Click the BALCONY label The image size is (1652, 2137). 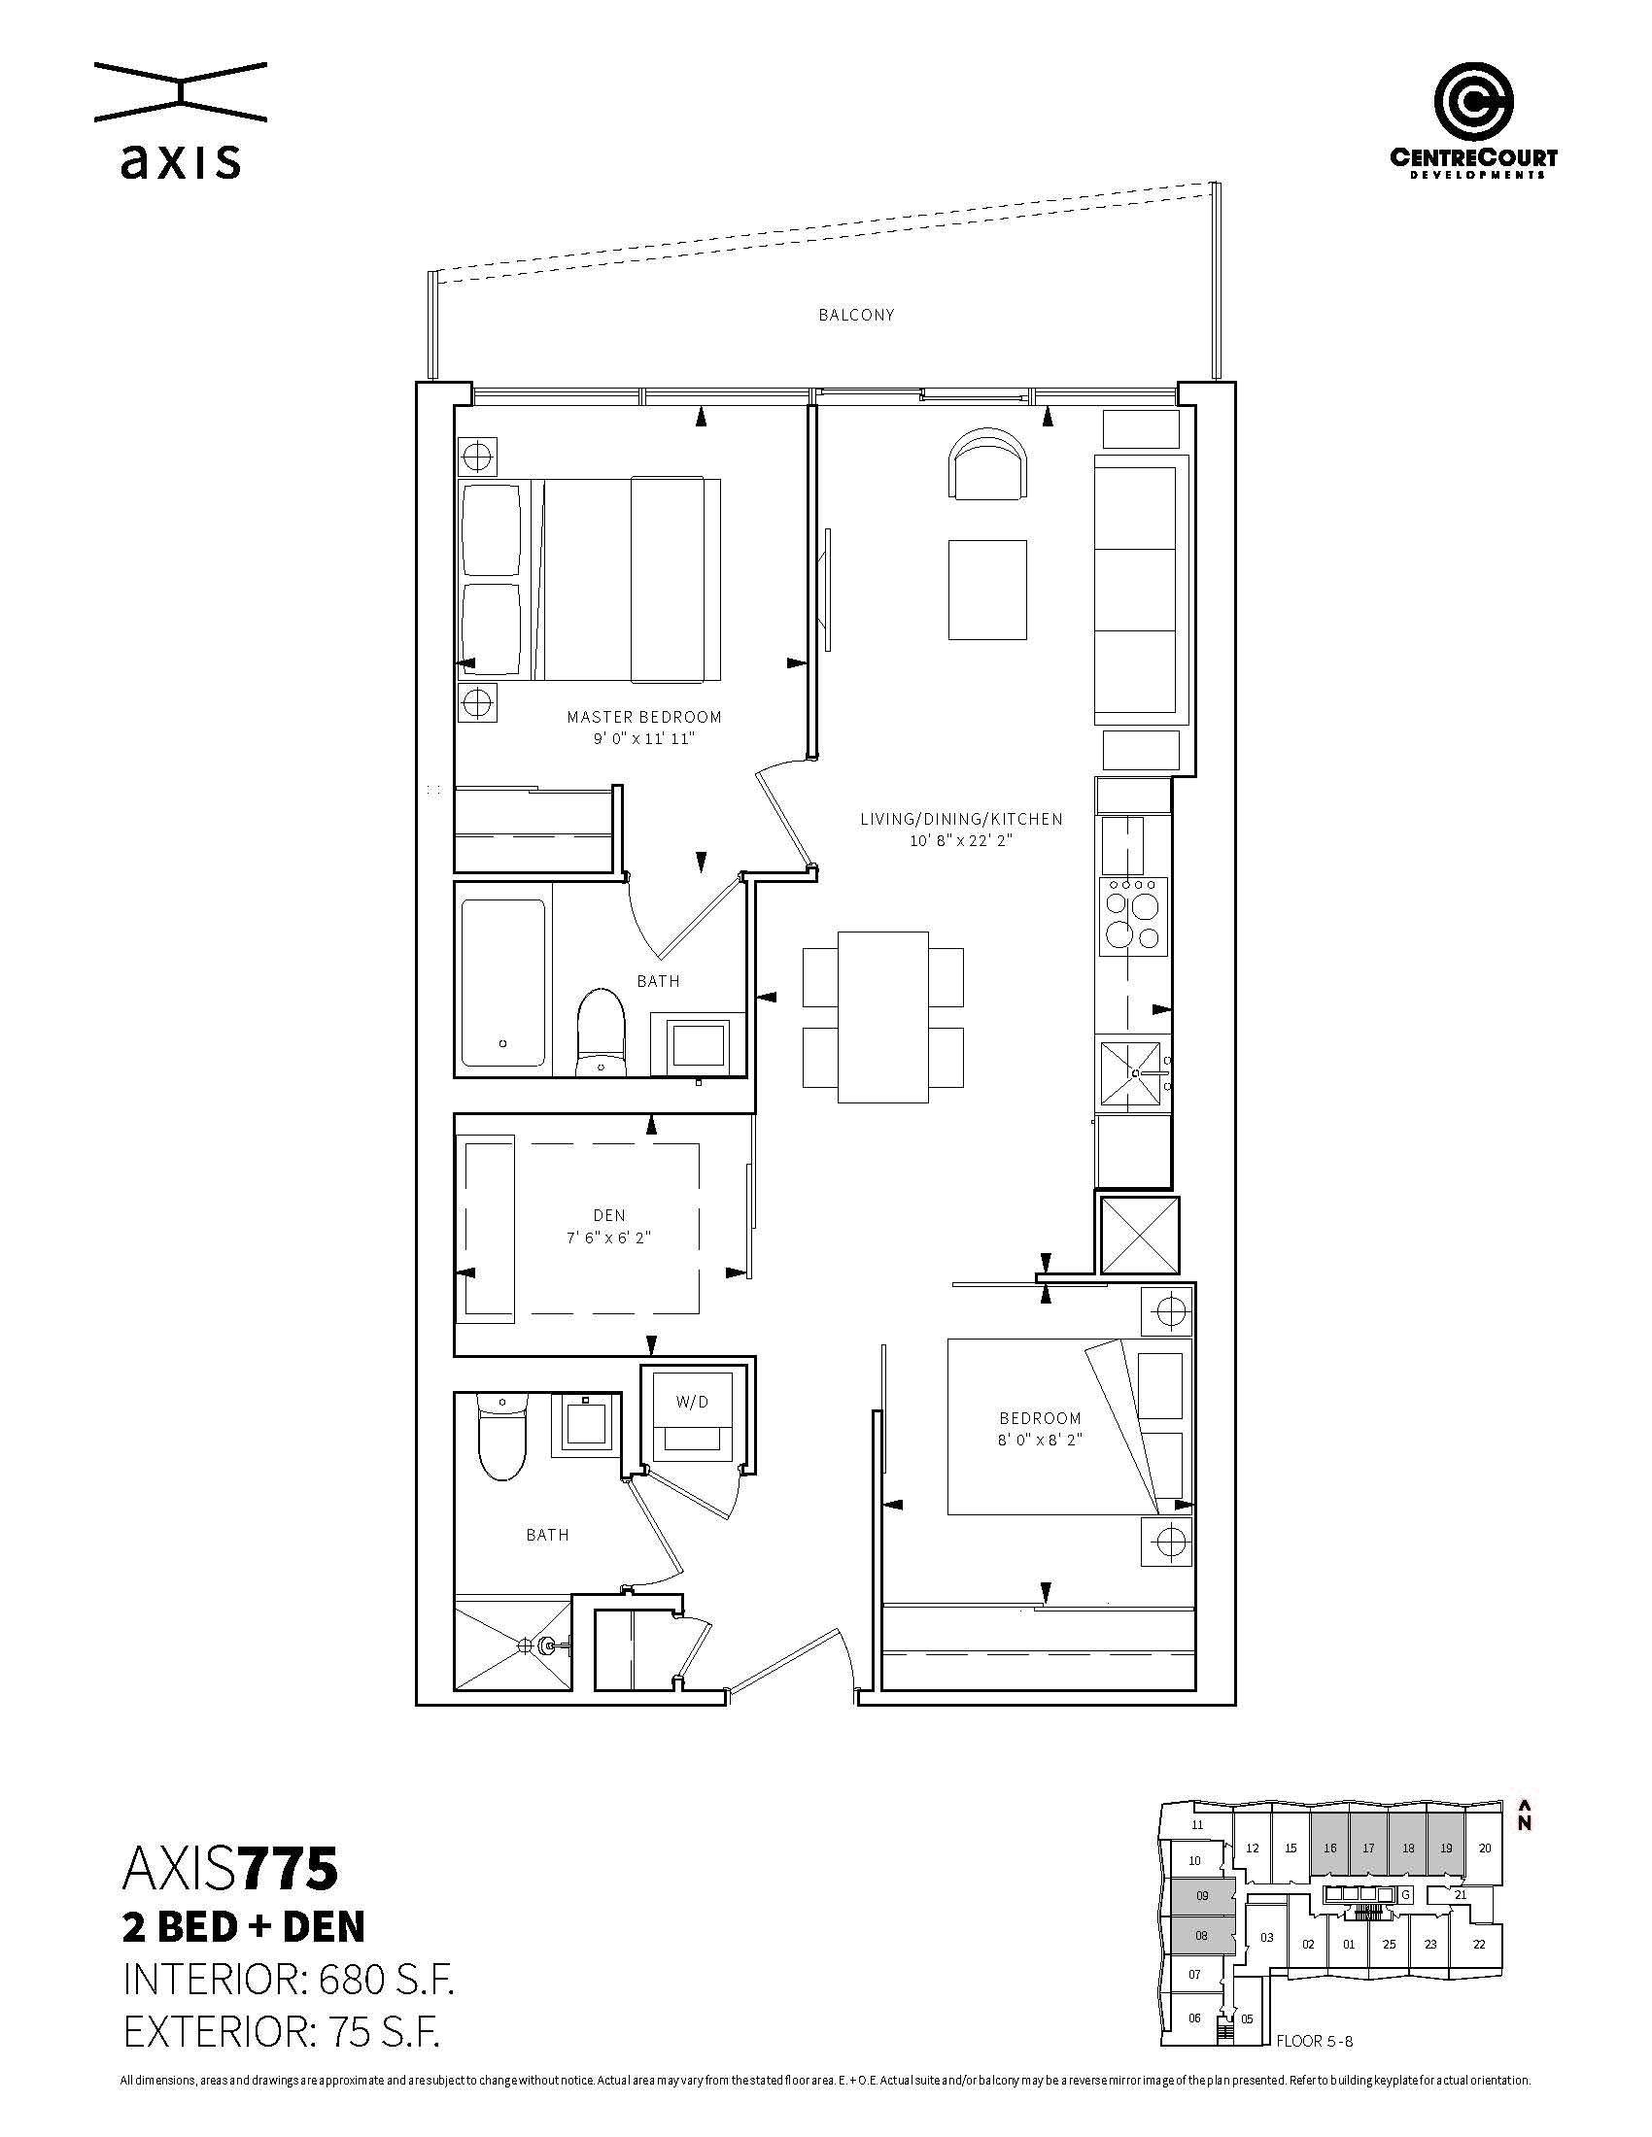[x=856, y=315]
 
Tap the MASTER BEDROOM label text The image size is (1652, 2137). [x=644, y=716]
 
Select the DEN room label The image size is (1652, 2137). [x=608, y=1215]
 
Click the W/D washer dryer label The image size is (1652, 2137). [x=692, y=1402]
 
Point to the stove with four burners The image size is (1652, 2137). [x=1134, y=916]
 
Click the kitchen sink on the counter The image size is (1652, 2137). [x=1134, y=1073]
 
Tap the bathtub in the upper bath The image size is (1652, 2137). [x=503, y=982]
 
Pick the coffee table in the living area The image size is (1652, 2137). [x=987, y=589]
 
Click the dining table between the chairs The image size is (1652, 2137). [x=883, y=1017]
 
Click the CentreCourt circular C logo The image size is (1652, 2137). [x=1474, y=102]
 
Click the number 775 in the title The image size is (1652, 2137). [x=290, y=1870]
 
